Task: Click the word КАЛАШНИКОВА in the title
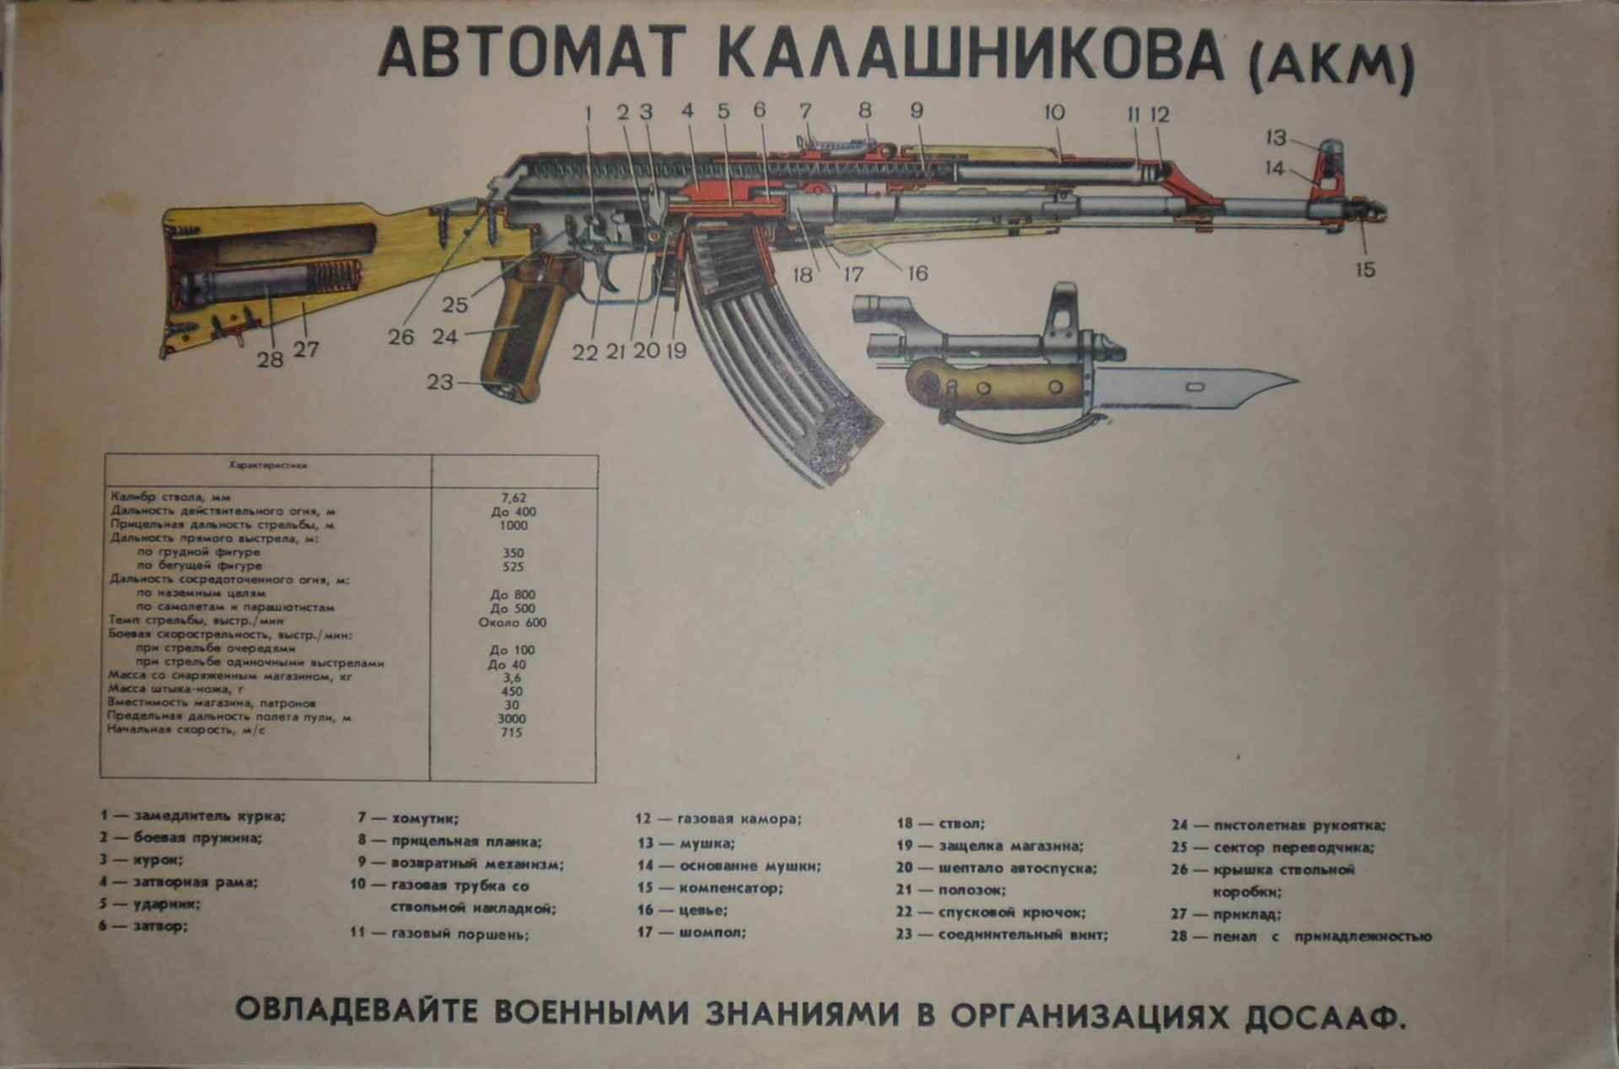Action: coord(970,56)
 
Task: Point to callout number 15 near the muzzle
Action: coord(1364,270)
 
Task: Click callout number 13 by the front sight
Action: coord(1274,137)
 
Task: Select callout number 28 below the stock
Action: coord(270,360)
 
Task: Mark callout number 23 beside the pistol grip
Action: coord(439,382)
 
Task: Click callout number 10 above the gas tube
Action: coord(1054,112)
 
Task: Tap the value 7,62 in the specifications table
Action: coord(513,497)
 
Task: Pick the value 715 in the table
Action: coord(511,732)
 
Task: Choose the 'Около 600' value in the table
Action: coord(512,622)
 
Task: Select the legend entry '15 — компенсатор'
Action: coord(710,888)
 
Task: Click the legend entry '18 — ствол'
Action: coord(940,824)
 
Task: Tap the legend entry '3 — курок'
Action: coord(142,860)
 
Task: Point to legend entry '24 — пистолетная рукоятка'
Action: coord(1277,825)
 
